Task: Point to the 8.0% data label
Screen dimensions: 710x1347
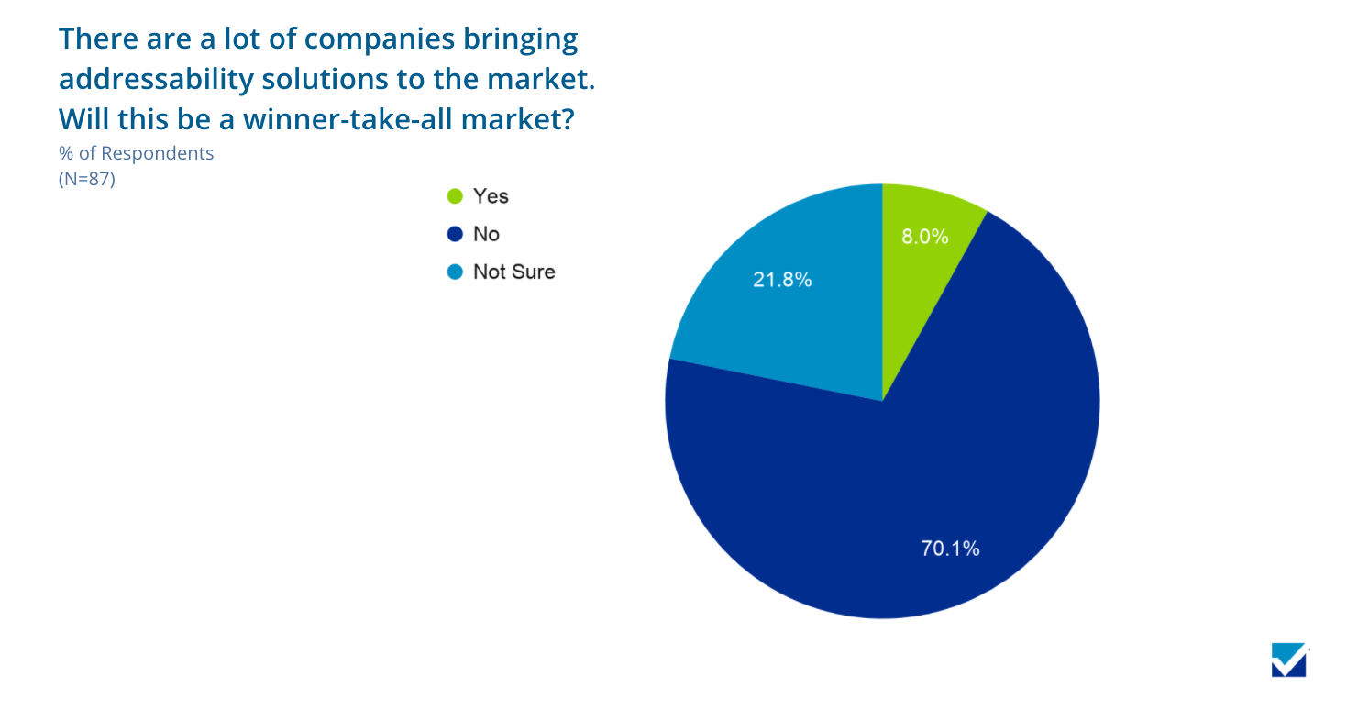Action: [x=924, y=236]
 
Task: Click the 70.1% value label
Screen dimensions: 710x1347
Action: [x=950, y=549]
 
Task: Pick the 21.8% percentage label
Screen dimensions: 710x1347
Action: [x=782, y=280]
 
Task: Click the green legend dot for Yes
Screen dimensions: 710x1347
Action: [x=455, y=196]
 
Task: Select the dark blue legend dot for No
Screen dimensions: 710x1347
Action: [x=455, y=234]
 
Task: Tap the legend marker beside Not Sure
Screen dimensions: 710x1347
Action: [x=455, y=272]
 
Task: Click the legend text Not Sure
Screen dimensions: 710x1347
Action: [x=513, y=272]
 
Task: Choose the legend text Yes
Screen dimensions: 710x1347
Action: [x=491, y=196]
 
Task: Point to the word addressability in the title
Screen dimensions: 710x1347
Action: [x=156, y=80]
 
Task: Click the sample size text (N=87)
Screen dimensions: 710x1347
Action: [x=86, y=179]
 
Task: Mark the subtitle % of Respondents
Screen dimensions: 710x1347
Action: [x=136, y=153]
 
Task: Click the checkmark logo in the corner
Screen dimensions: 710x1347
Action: [x=1289, y=660]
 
